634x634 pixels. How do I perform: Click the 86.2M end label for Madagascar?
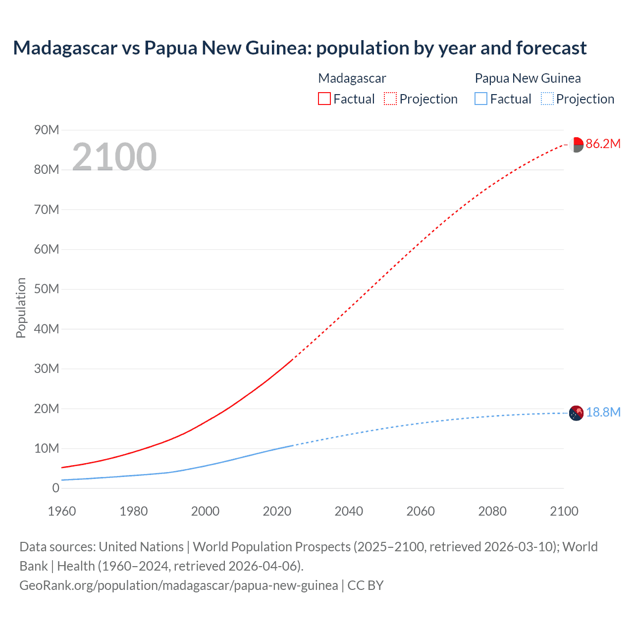click(x=603, y=144)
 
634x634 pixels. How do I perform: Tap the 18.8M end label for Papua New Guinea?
click(x=603, y=413)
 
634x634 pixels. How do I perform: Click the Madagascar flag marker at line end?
click(x=576, y=145)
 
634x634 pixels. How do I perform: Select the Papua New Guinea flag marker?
click(x=576, y=413)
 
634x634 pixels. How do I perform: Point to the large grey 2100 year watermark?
click(x=114, y=157)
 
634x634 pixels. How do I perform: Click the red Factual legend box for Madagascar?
click(x=324, y=99)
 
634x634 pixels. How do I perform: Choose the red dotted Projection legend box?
click(x=390, y=99)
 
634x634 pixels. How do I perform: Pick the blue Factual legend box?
click(x=481, y=99)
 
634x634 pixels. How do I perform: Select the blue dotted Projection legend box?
click(x=547, y=99)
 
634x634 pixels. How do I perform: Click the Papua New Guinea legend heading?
click(x=528, y=78)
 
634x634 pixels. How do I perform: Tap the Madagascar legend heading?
click(x=352, y=78)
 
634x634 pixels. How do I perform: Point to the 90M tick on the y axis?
click(x=47, y=130)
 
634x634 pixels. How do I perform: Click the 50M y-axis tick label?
click(x=47, y=289)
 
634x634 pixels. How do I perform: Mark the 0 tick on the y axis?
click(x=55, y=488)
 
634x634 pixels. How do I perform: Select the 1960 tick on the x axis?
click(x=62, y=511)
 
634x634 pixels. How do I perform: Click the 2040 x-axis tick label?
click(x=349, y=511)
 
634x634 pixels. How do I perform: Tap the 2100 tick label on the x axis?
click(x=564, y=511)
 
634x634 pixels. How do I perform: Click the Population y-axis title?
click(x=21, y=308)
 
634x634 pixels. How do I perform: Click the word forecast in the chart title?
click(x=551, y=48)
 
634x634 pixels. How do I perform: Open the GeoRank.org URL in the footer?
click(x=179, y=585)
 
